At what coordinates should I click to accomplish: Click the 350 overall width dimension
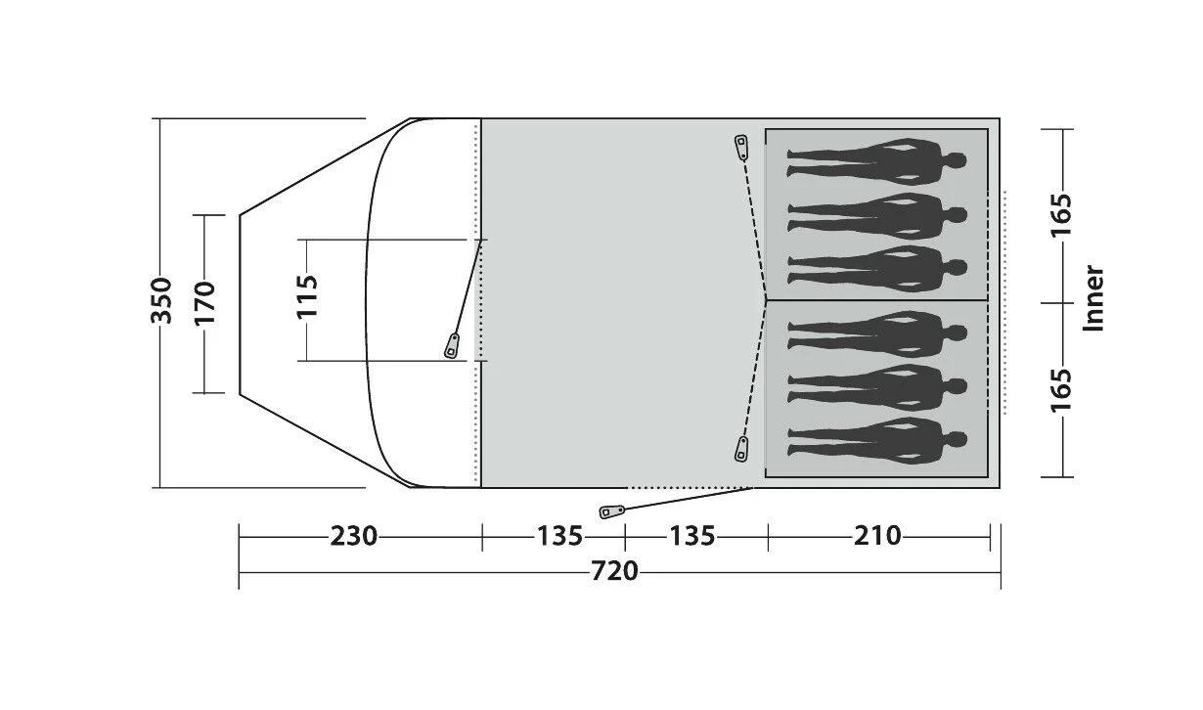[161, 301]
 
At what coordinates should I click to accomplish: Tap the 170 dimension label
[204, 303]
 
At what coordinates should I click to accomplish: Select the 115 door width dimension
[308, 296]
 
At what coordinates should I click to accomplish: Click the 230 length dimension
[353, 536]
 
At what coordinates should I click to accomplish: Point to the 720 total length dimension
[614, 571]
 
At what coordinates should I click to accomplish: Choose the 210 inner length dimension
[877, 536]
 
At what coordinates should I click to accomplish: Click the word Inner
[1093, 298]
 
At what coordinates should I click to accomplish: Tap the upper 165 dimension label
[1061, 215]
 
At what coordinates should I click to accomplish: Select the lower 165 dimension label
[1061, 390]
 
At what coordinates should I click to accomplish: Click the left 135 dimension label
[559, 536]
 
